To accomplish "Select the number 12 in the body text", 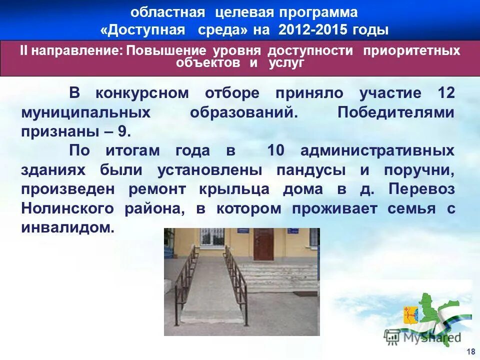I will (x=445, y=93).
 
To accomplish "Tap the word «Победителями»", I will (x=396, y=112).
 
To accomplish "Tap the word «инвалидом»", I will (x=67, y=228).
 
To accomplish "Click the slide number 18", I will (x=470, y=350).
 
